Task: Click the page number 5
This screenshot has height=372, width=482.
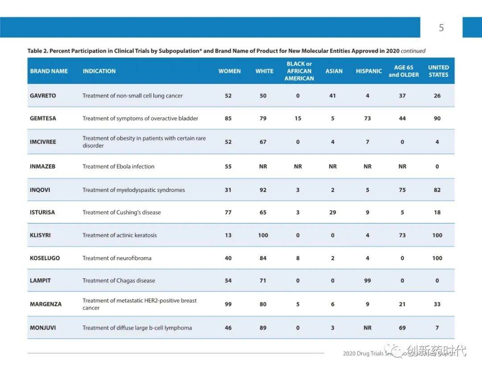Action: tap(441, 28)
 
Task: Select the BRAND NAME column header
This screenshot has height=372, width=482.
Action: tap(49, 71)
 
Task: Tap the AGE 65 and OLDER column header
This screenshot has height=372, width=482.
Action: tap(403, 71)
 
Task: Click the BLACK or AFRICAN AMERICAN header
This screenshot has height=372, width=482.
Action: tap(299, 71)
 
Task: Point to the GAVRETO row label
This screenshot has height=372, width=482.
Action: tap(43, 95)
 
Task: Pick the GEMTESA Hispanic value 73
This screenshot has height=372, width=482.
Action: tap(367, 118)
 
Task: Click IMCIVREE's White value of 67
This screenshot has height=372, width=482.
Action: tap(263, 142)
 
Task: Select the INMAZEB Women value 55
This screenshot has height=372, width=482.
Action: tap(228, 166)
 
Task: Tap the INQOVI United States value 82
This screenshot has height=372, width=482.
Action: tap(437, 190)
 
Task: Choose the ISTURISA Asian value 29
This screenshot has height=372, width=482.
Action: tap(332, 212)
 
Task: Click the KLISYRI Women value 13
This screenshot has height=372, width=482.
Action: tap(228, 235)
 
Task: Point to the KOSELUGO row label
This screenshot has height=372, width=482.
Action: tap(45, 258)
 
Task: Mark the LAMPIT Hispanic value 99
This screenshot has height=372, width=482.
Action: tap(367, 281)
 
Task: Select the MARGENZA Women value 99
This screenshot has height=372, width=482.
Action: tap(228, 304)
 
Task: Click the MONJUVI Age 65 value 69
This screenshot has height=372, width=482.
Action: tap(402, 327)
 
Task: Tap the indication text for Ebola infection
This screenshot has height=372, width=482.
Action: tap(118, 166)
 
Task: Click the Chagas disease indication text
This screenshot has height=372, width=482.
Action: tap(119, 281)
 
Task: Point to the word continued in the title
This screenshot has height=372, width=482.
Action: tap(413, 51)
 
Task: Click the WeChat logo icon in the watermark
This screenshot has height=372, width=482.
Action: tap(395, 350)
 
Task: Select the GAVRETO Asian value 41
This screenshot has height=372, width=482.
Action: tap(332, 95)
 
